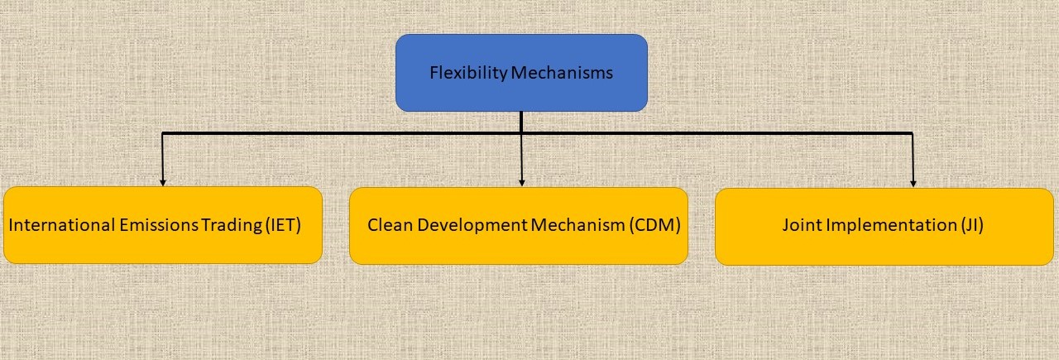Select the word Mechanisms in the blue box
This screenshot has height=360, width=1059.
pyautogui.click(x=562, y=72)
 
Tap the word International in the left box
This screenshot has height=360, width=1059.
pyautogui.click(x=62, y=225)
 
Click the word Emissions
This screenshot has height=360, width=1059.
pyautogui.click(x=159, y=225)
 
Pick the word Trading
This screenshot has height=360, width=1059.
pyautogui.click(x=232, y=226)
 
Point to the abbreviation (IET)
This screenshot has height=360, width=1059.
pyautogui.click(x=284, y=225)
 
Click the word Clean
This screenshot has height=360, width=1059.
pyautogui.click(x=390, y=225)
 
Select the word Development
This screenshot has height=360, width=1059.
pyautogui.click(x=472, y=226)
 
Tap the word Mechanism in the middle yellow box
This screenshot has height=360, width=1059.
pyautogui.click(x=578, y=225)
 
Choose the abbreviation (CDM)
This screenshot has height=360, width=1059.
pyautogui.click(x=654, y=225)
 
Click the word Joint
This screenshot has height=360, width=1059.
pyautogui.click(x=803, y=225)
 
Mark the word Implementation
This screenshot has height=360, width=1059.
pyautogui.click(x=892, y=226)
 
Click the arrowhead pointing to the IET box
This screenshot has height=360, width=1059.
pyautogui.click(x=163, y=183)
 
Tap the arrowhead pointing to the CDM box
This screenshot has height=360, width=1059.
pyautogui.click(x=522, y=183)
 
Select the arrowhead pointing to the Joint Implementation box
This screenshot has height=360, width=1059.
pyautogui.click(x=913, y=184)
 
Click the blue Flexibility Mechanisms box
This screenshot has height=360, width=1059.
pyautogui.click(x=521, y=73)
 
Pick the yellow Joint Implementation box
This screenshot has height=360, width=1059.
pyautogui.click(x=884, y=227)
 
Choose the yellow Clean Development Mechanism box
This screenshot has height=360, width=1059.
pyautogui.click(x=519, y=226)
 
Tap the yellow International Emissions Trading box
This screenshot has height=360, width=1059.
pyautogui.click(x=163, y=225)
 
